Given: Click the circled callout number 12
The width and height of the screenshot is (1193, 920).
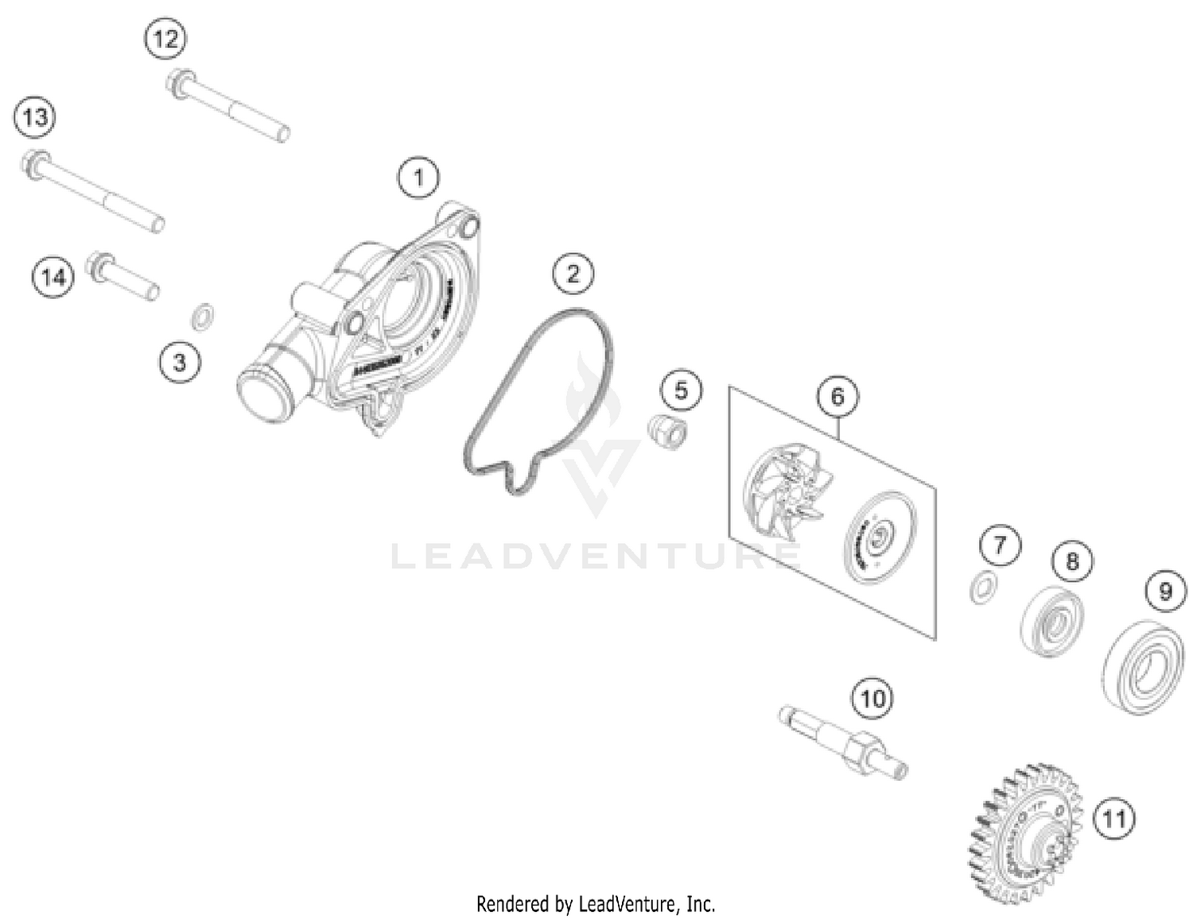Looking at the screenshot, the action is pos(165,38).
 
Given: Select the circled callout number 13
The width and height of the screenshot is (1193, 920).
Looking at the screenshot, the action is pos(35,118).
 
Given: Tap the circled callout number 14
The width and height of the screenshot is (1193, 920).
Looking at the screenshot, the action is pos(53,277).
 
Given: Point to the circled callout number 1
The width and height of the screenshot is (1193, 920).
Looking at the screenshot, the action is pos(419,177).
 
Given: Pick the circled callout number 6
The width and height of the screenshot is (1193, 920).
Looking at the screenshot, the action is pos(837,396).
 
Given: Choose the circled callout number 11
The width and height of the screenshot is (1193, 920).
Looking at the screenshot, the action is pos(1113,817).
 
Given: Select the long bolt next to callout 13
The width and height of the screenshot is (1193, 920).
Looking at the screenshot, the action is pos(93,192).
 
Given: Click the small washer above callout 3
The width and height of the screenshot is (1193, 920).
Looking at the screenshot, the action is pos(203,316).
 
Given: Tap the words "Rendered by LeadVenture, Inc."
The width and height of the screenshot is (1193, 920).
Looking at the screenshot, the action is pos(596,904).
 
